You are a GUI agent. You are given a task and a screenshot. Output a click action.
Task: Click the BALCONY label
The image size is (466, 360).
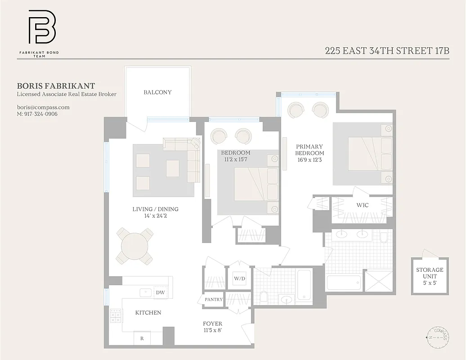[x=157, y=92]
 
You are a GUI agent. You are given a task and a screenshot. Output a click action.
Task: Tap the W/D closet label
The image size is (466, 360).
[x=239, y=279]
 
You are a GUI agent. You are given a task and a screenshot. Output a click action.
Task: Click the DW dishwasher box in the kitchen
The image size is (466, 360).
[x=160, y=292]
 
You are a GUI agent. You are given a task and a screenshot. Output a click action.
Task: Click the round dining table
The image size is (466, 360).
[x=134, y=246]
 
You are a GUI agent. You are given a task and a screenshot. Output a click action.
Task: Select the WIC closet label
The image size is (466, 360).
[x=363, y=205]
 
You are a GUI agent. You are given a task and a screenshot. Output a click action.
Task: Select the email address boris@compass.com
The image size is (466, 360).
[x=43, y=107]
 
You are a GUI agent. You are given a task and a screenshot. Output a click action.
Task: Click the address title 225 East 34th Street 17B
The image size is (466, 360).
[x=387, y=50]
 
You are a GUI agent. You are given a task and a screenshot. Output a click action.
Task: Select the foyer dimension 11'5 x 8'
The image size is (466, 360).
[x=213, y=330]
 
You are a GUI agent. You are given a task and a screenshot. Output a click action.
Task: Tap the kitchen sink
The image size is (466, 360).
[x=146, y=292]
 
